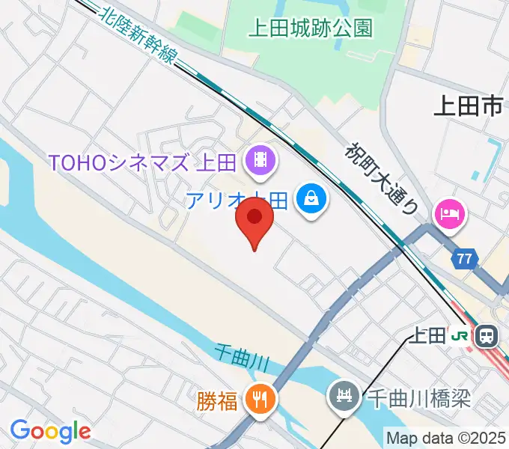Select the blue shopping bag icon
(x=309, y=200)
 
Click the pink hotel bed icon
(x=450, y=215)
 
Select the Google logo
(x=50, y=431)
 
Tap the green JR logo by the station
(x=460, y=336)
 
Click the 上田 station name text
(x=427, y=336)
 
